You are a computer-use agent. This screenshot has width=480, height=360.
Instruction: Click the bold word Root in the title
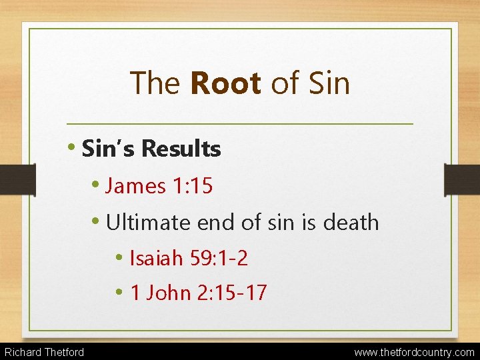225,83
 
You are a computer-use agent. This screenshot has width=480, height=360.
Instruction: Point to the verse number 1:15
193,186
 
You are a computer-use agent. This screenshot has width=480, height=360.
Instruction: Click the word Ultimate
149,222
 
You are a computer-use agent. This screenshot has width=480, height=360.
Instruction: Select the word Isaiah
155,257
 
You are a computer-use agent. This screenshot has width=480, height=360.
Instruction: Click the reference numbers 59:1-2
218,257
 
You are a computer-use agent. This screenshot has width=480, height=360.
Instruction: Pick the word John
171,292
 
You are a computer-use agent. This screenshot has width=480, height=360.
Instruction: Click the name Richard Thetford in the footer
44,352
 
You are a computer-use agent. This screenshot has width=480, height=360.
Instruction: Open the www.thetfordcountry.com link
415,352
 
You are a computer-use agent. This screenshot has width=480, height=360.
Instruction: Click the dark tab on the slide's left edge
17,180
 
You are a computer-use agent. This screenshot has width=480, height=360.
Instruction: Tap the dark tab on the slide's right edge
463,180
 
